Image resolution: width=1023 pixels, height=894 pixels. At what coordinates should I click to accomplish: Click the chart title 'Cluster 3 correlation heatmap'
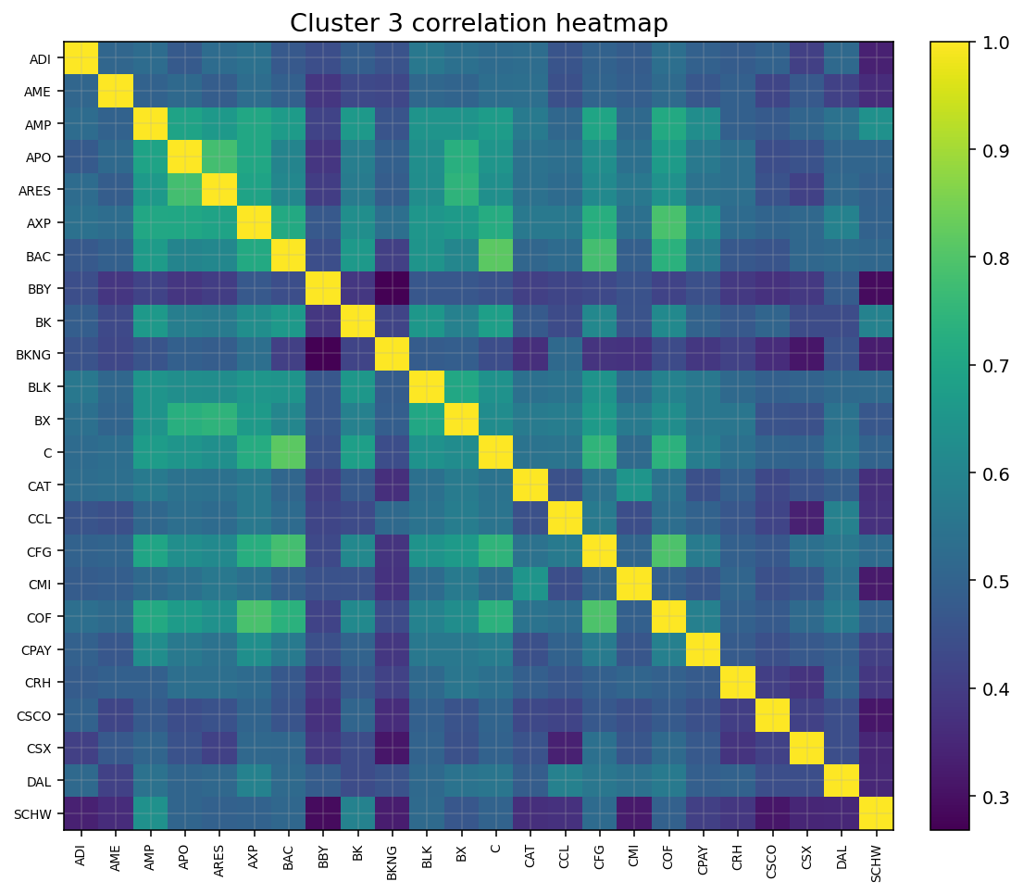coord(479,23)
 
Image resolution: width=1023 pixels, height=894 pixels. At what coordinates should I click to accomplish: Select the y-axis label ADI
coord(40,58)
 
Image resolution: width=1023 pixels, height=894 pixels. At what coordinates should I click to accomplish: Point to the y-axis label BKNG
coord(37,354)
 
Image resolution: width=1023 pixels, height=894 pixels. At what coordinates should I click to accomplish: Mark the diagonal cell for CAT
coord(530,485)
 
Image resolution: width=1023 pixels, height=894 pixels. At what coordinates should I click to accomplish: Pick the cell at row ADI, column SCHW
coord(876,58)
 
